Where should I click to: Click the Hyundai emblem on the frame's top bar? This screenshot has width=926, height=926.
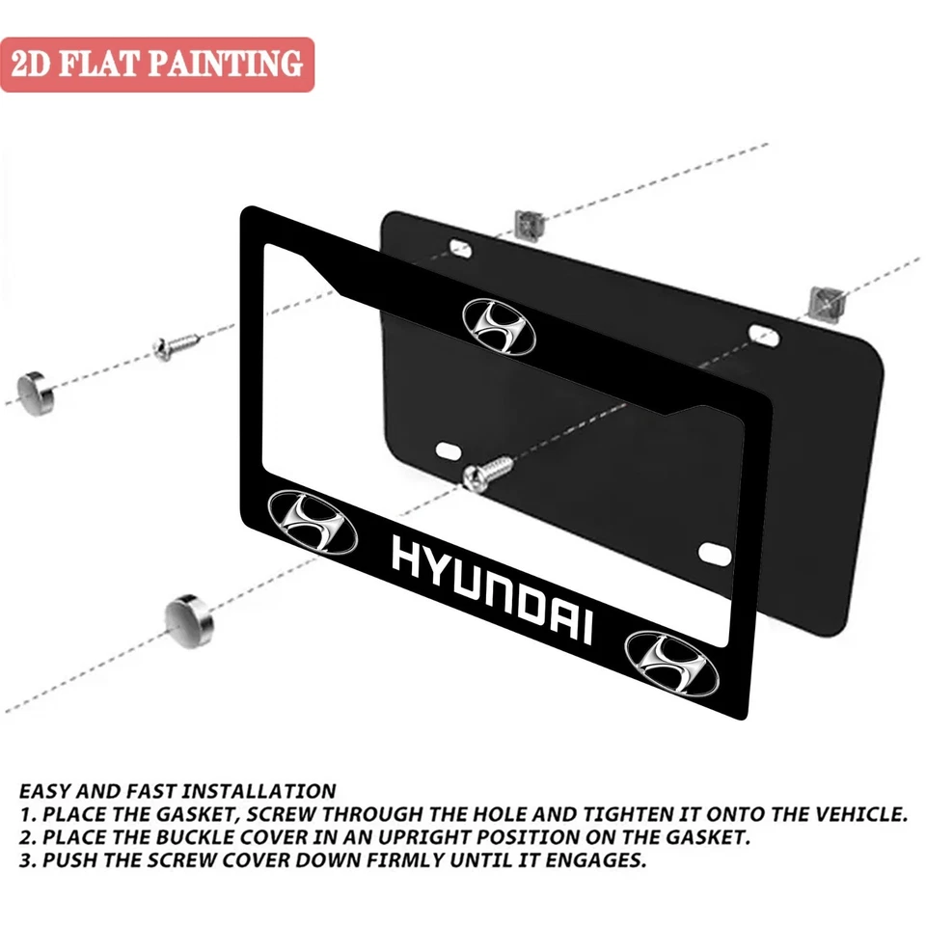(498, 326)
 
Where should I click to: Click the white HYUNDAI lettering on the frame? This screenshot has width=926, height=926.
(491, 590)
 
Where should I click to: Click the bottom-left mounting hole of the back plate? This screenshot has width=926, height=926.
(449, 449)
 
